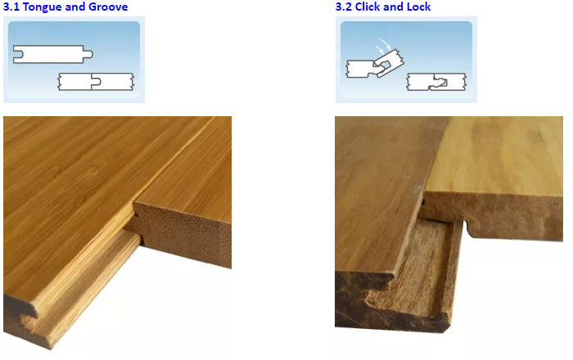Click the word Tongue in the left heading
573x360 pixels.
41,7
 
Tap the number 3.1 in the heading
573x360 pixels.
11,7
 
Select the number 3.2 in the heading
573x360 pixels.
344,7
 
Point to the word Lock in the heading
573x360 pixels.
419,7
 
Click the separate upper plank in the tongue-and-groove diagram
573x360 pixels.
53,54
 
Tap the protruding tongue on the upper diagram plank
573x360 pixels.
88,55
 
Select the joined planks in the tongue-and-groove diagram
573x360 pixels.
96,82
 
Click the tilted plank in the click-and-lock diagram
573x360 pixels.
389,63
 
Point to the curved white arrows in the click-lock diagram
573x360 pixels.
384,45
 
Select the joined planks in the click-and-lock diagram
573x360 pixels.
436,82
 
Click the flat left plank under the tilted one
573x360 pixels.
361,69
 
